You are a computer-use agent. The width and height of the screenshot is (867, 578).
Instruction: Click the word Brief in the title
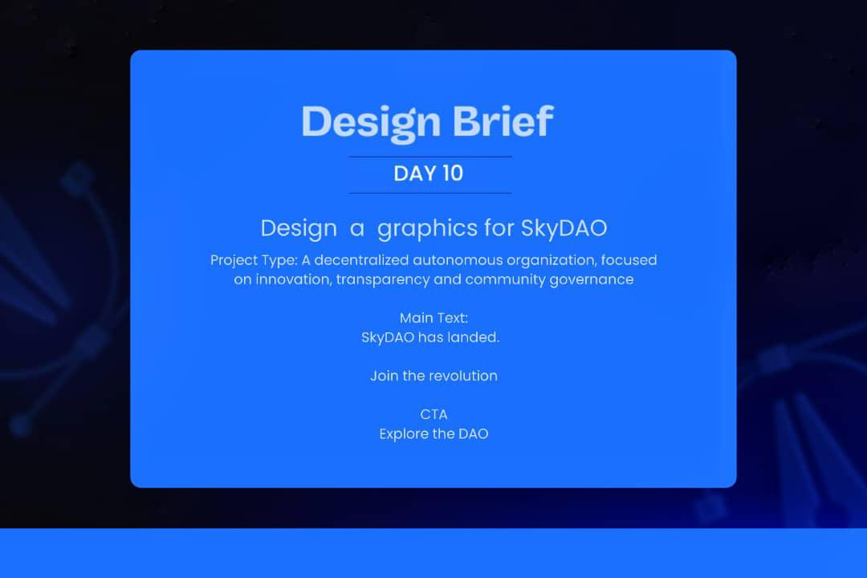tap(503, 122)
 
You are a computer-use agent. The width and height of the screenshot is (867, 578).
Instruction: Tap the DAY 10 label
tap(429, 173)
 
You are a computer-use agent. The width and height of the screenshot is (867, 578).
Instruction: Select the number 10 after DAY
tap(452, 173)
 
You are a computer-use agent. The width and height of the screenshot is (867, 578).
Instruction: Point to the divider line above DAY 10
tap(430, 157)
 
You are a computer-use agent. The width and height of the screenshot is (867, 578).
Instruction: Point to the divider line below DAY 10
tap(430, 193)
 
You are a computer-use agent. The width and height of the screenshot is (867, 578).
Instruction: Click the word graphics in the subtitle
tap(427, 229)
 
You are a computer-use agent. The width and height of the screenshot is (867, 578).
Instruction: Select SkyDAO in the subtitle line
tap(564, 228)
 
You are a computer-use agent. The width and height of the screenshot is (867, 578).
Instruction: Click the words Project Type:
tap(254, 260)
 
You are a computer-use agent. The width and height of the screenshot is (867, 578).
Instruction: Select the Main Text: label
tap(433, 318)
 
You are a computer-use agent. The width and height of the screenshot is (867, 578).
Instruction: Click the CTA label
tap(433, 414)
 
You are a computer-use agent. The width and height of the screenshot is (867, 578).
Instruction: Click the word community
tap(504, 279)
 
